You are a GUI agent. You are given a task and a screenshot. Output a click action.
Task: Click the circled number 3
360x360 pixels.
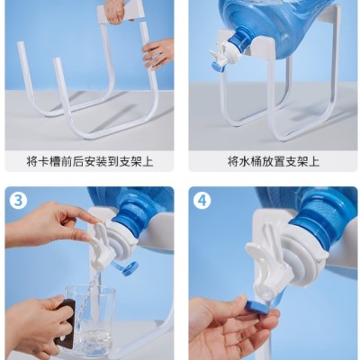coord(18,201)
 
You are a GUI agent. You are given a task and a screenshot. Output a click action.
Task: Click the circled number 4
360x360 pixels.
coord(202,201)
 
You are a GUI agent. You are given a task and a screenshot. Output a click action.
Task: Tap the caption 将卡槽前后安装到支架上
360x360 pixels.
coord(90,162)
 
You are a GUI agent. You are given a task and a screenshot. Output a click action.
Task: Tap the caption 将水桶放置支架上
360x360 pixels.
coord(274,162)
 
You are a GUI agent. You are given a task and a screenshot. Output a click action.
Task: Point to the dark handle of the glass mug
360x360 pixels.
coord(67,321)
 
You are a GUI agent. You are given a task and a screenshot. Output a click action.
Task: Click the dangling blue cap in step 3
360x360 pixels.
coord(129,268)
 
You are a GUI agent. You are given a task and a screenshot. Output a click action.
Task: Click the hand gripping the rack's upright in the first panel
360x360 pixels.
coord(158,53)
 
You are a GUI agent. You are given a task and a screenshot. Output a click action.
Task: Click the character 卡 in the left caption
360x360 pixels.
coord(44,162)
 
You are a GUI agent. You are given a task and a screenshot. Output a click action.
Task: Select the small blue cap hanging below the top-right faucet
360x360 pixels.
coord(218,67)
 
